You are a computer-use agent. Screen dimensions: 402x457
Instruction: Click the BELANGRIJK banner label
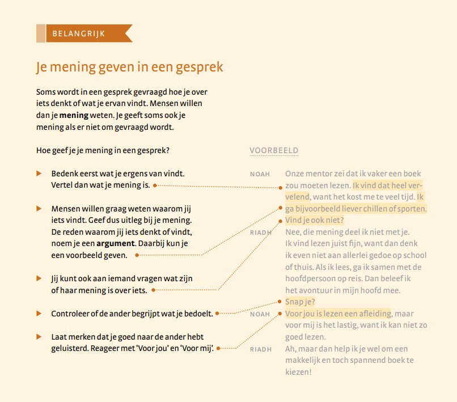coord(78,33)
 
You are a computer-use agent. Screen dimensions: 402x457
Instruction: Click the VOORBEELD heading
coord(274,151)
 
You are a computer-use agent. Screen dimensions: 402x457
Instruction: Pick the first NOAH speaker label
coord(260,174)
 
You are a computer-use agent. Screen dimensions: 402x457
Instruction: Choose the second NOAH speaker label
coord(260,314)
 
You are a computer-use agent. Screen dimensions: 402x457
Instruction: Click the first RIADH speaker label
coord(261,232)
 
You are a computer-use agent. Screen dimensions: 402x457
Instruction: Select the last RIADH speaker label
coord(261,349)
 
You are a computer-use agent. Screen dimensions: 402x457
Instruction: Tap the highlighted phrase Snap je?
coord(300,302)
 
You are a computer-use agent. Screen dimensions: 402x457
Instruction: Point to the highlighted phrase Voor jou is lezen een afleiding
coord(338,314)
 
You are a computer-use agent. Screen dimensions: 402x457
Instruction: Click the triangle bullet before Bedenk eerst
coord(39,173)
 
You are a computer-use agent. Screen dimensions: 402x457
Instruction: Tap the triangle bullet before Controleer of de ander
coord(39,313)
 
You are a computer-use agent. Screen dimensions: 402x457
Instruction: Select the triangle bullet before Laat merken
coord(39,336)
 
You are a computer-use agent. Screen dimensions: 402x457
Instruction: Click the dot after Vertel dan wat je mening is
coord(155,185)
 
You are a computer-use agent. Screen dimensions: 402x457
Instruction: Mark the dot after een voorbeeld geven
coord(137,256)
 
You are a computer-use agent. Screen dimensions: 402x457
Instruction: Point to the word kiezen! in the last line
coord(299,372)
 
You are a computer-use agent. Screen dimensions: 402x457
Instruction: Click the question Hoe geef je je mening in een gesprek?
coord(103,150)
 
